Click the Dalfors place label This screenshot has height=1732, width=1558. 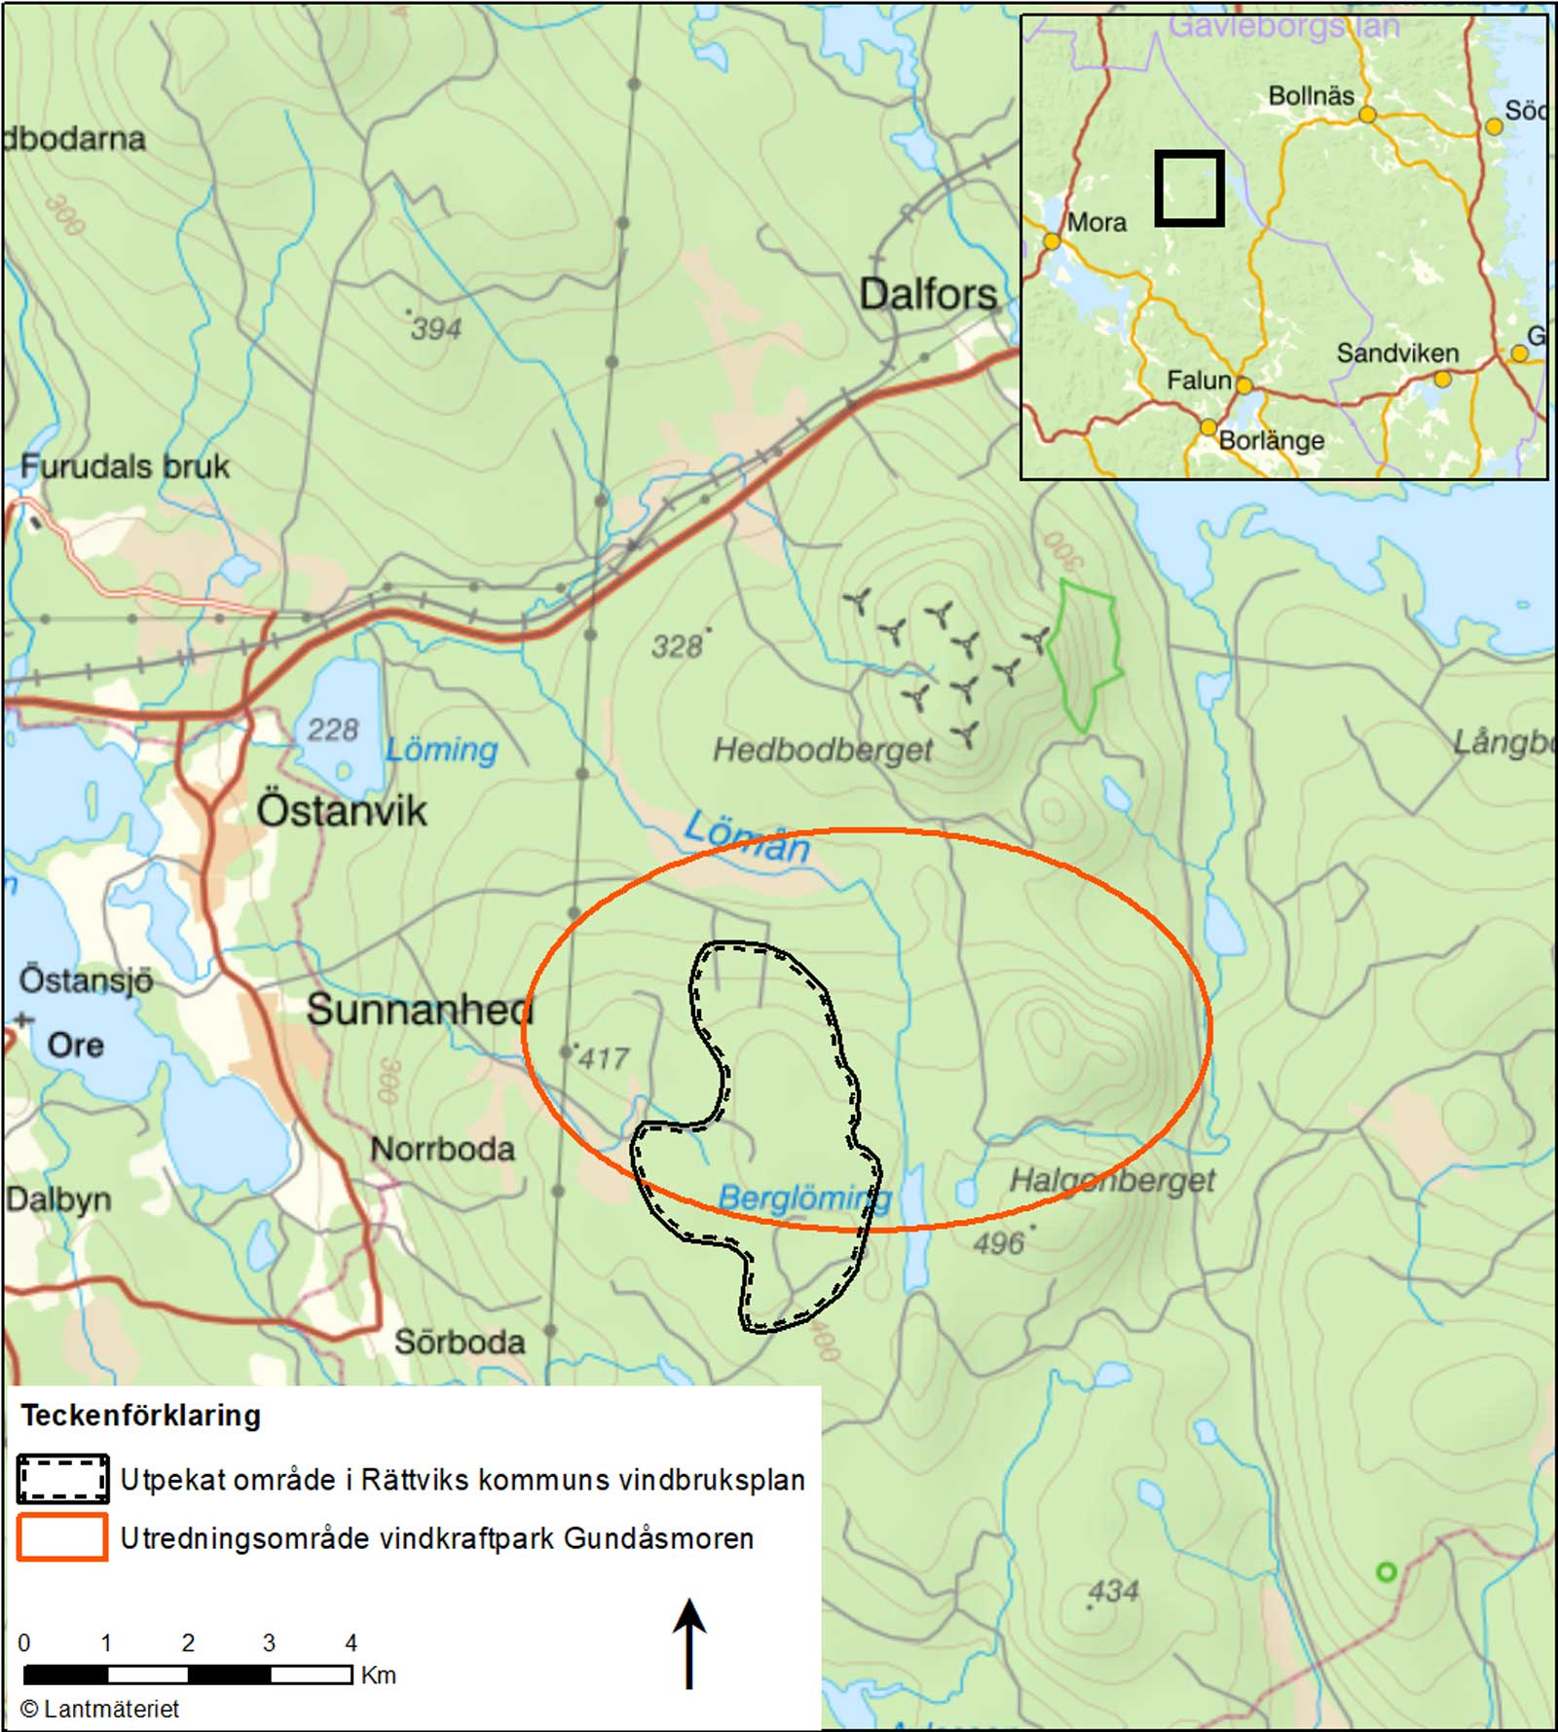click(x=927, y=294)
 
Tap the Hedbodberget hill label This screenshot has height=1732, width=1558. click(x=823, y=750)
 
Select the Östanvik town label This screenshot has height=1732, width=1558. click(x=342, y=810)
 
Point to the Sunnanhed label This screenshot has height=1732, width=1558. click(x=420, y=1011)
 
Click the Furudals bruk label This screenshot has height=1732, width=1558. click(x=125, y=467)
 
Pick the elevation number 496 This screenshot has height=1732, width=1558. click(x=999, y=1243)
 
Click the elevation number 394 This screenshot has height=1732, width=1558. click(x=435, y=329)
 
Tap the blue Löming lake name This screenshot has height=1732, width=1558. click(x=442, y=750)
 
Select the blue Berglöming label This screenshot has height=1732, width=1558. click(x=804, y=1198)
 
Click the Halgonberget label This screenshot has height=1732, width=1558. click(x=1112, y=1181)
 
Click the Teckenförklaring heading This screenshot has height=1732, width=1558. click(x=141, y=1416)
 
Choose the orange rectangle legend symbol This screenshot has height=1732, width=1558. click(x=62, y=1538)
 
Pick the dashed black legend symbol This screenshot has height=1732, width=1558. click(x=62, y=1480)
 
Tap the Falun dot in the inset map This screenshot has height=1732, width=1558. click(x=1243, y=386)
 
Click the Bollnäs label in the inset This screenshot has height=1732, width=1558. click(x=1311, y=96)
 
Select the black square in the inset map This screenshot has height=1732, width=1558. click(x=1189, y=188)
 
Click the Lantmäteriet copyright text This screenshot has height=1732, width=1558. click(x=100, y=1709)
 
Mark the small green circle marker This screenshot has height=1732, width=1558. click(x=1386, y=1572)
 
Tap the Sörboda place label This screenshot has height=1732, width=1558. click(x=460, y=1343)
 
